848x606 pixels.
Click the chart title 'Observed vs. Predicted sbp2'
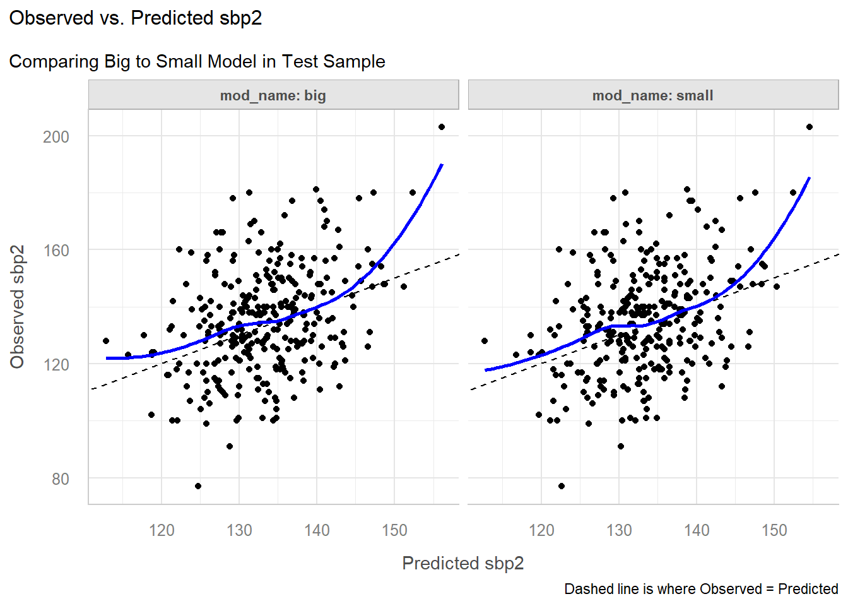pyautogui.click(x=136, y=18)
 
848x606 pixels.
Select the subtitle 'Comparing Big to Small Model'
pyautogui.click(x=197, y=62)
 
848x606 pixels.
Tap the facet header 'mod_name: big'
pyautogui.click(x=273, y=95)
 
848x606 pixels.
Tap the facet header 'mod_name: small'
pyautogui.click(x=652, y=95)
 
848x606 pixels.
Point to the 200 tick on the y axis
pyautogui.click(x=56, y=137)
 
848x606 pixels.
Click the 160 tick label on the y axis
pyautogui.click(x=56, y=251)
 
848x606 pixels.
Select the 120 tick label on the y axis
pyautogui.click(x=56, y=365)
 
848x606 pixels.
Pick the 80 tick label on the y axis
pyautogui.click(x=61, y=479)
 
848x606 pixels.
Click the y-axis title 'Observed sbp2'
pyautogui.click(x=17, y=307)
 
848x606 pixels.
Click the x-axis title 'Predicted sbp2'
pyautogui.click(x=462, y=563)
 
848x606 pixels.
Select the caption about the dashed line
pyautogui.click(x=701, y=589)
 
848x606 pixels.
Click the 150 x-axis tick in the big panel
pyautogui.click(x=394, y=530)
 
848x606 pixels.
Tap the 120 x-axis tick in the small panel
pyautogui.click(x=541, y=530)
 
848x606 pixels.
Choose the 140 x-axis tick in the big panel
pyautogui.click(x=317, y=530)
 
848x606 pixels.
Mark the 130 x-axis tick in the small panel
pyautogui.click(x=619, y=530)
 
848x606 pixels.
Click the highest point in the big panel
pyautogui.click(x=442, y=127)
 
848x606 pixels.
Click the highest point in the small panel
pyautogui.click(x=810, y=127)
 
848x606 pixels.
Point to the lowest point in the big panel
pyautogui.click(x=198, y=486)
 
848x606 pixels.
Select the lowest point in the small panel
pyautogui.click(x=562, y=486)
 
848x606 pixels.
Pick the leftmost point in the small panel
pyautogui.click(x=485, y=341)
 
